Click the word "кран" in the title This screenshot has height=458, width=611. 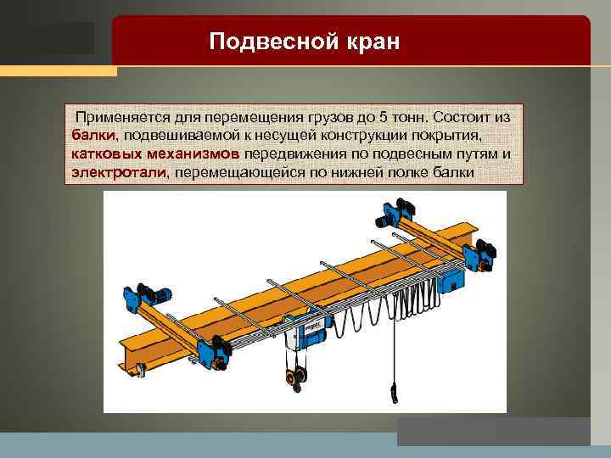tap(367, 41)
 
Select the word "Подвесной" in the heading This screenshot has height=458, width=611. tap(270, 41)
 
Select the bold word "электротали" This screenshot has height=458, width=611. tap(119, 173)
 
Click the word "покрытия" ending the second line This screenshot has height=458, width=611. tap(449, 135)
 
